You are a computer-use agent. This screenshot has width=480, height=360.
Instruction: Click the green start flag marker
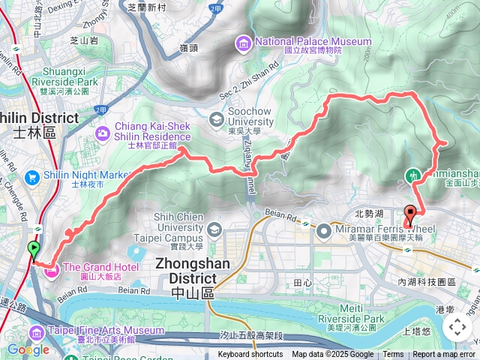pos(34,250)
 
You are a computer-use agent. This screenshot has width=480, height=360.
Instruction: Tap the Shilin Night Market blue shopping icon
pos(31,177)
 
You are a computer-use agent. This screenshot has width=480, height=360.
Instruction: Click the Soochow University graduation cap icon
pos(216,118)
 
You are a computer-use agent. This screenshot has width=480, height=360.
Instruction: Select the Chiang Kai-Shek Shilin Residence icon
pos(102,132)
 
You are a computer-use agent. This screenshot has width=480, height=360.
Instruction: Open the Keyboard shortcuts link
pos(250,355)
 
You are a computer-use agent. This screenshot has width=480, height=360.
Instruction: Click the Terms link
pos(393,355)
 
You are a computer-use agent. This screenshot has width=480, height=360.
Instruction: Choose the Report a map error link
pos(443,355)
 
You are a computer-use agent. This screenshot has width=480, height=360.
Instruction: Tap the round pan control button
pos(457,327)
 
